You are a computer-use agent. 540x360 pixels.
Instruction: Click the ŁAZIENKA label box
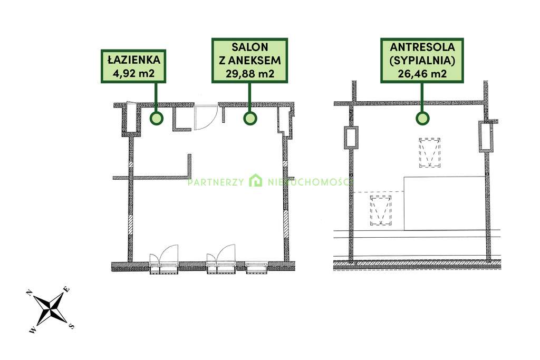pos(133,66)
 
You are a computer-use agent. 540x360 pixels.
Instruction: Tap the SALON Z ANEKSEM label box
pos(249,61)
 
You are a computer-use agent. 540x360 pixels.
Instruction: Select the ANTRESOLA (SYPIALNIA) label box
pos(422,61)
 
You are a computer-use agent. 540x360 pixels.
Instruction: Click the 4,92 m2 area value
pos(133,73)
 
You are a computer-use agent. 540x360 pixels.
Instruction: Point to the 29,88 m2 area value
pos(250,74)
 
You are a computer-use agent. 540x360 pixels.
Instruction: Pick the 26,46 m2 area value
pos(422,74)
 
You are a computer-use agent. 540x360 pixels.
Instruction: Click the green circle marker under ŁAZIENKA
pos(156,119)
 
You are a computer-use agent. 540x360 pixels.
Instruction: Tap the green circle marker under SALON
pos(250,119)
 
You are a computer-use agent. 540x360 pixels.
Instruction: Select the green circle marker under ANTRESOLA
pos(422,119)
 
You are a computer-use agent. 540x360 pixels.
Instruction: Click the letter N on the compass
pos(30,293)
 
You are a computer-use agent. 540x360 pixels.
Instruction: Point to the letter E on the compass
pos(67,290)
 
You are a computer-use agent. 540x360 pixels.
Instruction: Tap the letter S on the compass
pos(71,326)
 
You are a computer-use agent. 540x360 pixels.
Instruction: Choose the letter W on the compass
pos(32,330)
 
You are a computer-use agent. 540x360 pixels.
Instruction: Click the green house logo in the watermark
pos(256,180)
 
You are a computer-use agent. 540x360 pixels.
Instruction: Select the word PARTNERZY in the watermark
pos(216,182)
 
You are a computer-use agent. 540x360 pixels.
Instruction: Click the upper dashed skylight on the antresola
pos(430,153)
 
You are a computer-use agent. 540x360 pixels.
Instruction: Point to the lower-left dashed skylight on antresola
pos(381,210)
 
